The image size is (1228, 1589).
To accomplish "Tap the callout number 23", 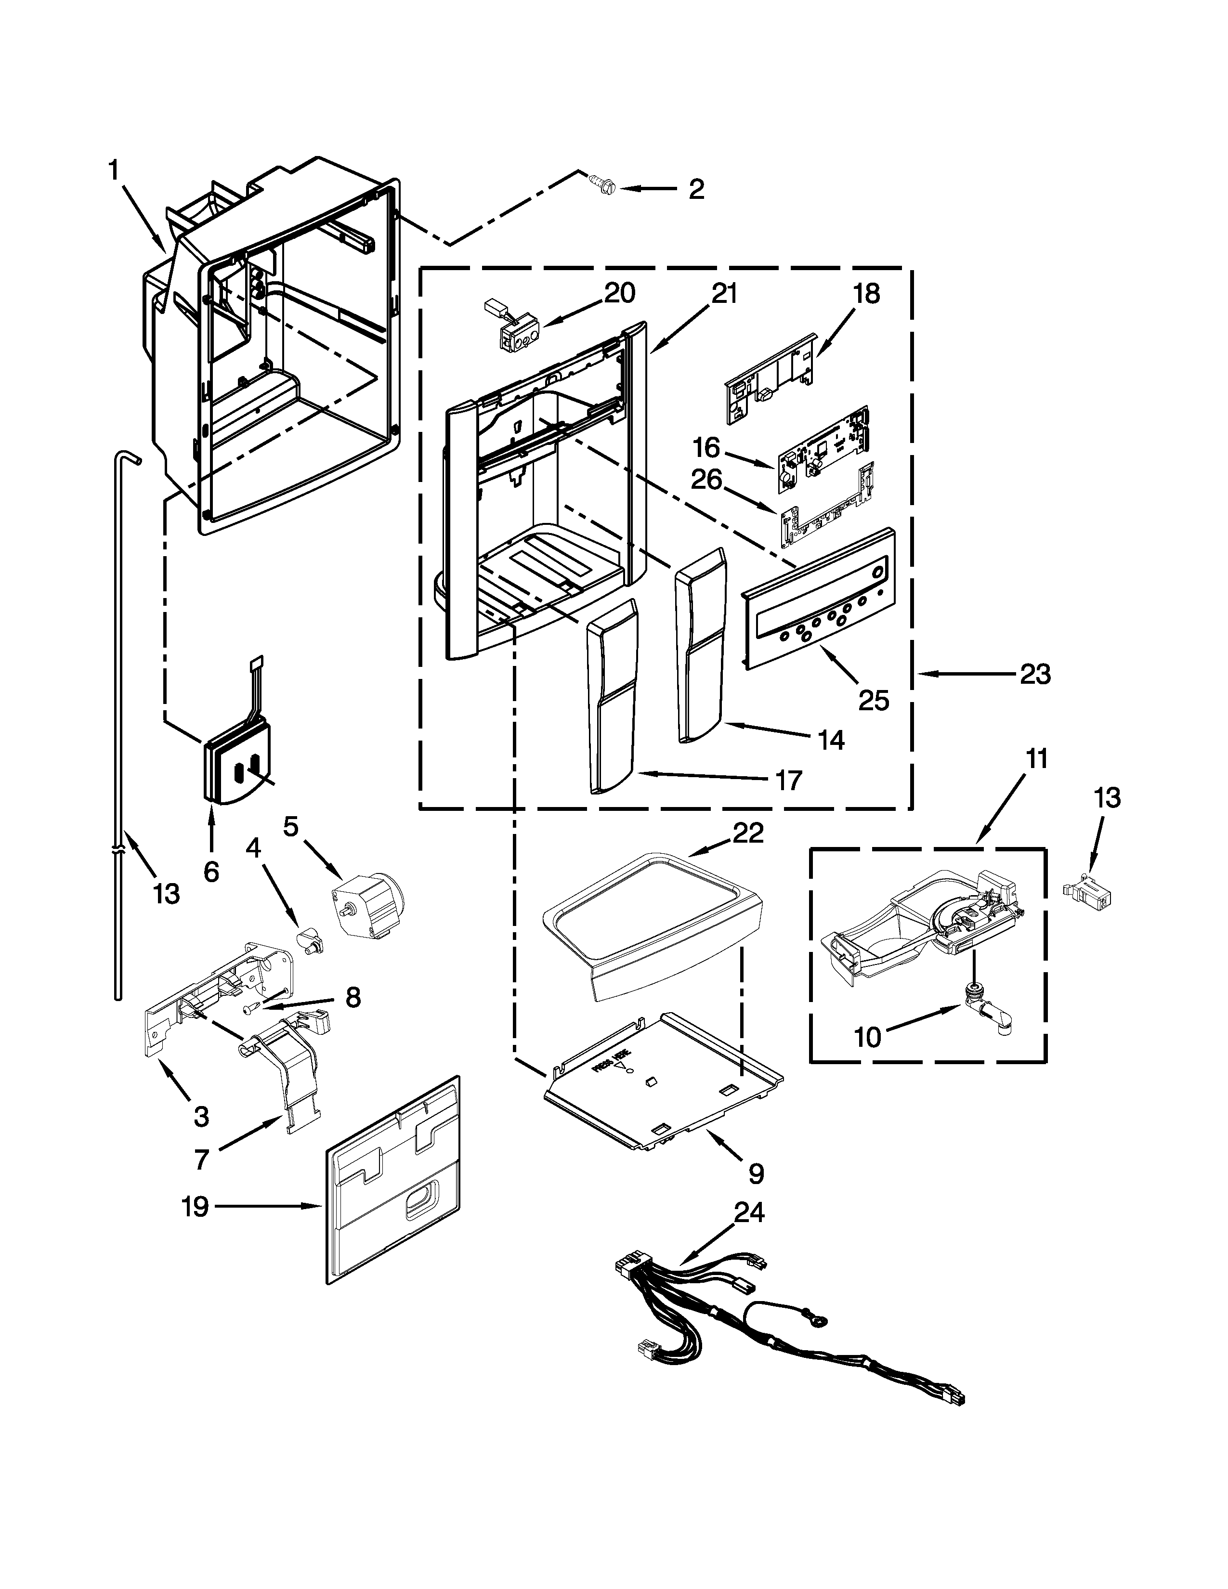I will click(1034, 675).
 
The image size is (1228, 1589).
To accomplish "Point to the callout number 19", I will click(195, 1207).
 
